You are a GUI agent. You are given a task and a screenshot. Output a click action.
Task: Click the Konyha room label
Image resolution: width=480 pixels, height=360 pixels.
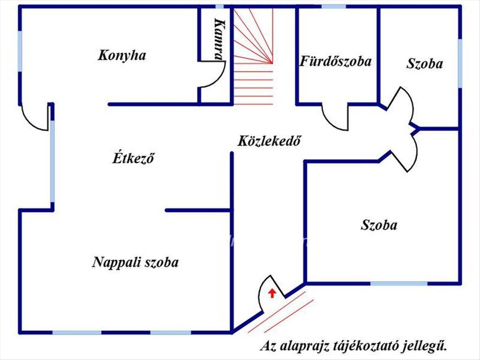click(122, 55)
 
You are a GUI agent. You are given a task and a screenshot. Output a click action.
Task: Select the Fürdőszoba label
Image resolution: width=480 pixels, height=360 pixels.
click(336, 62)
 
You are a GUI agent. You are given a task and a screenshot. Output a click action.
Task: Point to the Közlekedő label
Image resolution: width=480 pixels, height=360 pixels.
click(269, 141)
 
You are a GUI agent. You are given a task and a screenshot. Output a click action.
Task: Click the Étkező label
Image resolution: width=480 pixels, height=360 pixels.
click(132, 158)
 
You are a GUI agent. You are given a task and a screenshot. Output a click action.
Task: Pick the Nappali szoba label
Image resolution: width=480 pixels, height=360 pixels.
click(135, 262)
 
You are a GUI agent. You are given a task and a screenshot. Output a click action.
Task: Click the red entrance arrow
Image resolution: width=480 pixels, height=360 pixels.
click(272, 293)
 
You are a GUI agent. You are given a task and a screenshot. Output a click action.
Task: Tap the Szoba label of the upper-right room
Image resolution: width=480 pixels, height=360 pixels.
click(424, 64)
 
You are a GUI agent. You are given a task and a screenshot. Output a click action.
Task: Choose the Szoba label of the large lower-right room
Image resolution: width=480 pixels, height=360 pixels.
click(379, 225)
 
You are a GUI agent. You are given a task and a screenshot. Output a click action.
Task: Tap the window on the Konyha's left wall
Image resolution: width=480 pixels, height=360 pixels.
click(20, 51)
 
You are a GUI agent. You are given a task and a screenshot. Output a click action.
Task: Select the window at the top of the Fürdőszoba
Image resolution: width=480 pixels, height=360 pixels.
click(334, 6)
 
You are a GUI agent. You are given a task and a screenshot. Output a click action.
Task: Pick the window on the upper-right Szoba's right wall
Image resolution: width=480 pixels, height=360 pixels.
click(460, 63)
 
